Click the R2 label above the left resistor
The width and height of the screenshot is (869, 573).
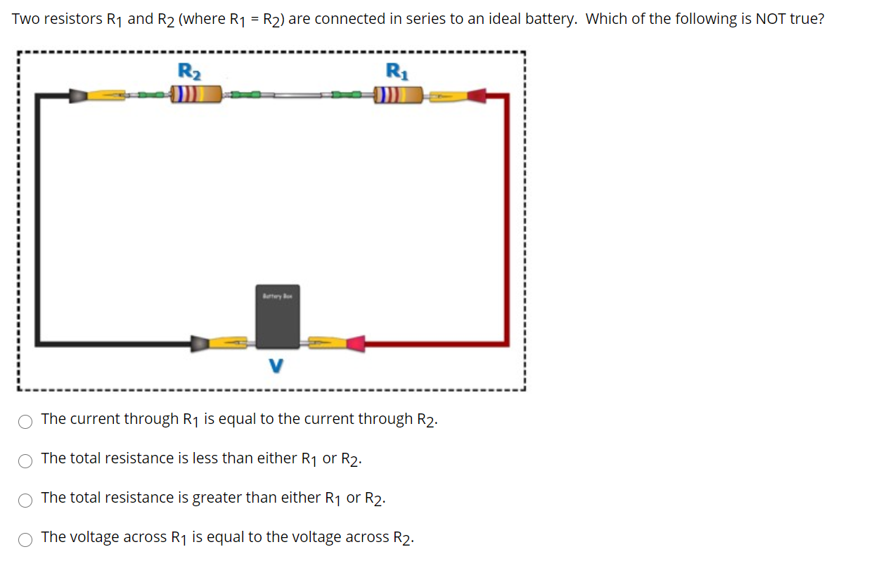click(x=187, y=70)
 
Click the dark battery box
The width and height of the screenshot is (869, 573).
click(x=278, y=316)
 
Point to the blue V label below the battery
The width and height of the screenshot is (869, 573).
click(x=277, y=366)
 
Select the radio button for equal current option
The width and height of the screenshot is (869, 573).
click(x=25, y=422)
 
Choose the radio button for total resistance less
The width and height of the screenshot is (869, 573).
click(x=25, y=461)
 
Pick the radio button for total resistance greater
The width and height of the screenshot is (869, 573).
click(x=25, y=501)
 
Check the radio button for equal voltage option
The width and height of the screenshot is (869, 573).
click(x=25, y=540)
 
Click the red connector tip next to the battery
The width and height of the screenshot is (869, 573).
click(x=355, y=343)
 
